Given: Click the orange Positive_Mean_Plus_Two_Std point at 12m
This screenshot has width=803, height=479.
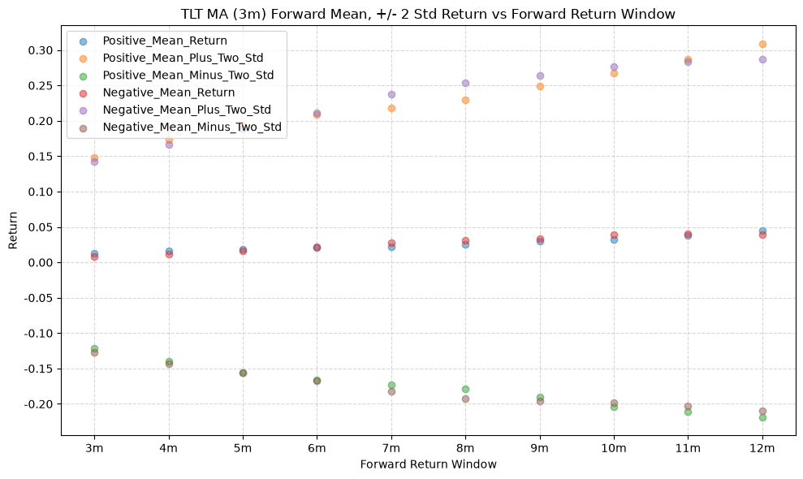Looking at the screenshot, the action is coord(762,44).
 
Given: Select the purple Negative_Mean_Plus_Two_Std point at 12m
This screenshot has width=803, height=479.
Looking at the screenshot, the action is coord(762,59).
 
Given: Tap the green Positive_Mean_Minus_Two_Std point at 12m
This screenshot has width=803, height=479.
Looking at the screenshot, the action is coord(762,417).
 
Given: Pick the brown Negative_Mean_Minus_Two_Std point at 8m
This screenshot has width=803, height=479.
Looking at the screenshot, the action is coord(465,399).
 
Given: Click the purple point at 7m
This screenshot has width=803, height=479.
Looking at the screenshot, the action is coord(391,94).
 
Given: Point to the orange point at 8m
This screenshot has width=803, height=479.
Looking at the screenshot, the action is coord(465,100).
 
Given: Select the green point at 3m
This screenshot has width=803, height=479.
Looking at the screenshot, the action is coord(94,348).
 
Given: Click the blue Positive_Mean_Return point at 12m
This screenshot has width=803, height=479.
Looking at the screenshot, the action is coord(762,231).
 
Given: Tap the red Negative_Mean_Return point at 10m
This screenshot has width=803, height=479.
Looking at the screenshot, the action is coord(614,235).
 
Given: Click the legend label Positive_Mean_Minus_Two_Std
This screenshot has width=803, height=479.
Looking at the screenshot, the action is coord(188,76).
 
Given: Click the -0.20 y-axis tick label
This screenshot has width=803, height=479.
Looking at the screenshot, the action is coord(39,404).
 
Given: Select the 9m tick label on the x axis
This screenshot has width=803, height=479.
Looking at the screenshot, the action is coord(539,448).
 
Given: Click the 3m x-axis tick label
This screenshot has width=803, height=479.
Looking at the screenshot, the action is coord(94,448).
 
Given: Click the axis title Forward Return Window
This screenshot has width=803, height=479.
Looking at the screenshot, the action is coord(428,464).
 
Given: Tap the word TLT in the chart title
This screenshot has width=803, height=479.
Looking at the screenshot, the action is coord(191,14).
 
